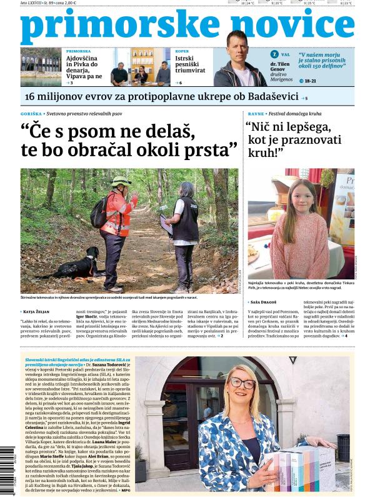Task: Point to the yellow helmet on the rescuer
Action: (121, 181)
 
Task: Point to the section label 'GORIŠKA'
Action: (31, 114)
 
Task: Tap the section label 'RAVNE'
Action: (255, 114)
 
